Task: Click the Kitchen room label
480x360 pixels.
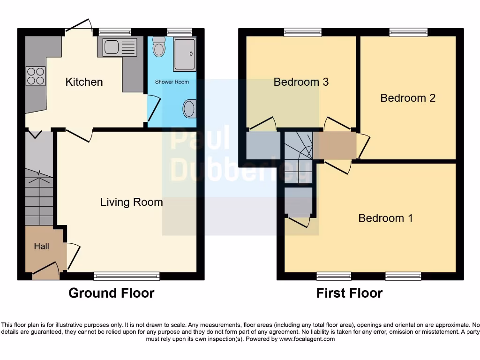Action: coord(84,82)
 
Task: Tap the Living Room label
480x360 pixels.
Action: coord(132,202)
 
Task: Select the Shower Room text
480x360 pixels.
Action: coord(172,82)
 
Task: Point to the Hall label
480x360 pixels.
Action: coord(41,246)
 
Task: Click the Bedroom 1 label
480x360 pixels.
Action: coord(385,218)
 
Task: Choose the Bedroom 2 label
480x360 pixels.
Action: coord(408,98)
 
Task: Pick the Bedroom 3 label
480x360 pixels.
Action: coord(301,82)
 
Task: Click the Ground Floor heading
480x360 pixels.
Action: coord(111,293)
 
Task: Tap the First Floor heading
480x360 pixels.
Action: coord(349,293)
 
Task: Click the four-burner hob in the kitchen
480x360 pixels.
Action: coord(36,76)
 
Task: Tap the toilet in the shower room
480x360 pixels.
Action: coord(159,47)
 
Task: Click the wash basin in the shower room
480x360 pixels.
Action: coord(189,109)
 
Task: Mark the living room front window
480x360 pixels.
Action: coord(127,276)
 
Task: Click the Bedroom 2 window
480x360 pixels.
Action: coord(408,32)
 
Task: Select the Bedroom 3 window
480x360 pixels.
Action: coord(303,32)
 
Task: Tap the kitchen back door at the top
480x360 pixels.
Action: coord(78,26)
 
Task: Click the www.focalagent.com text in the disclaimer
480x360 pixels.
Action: coord(307,339)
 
